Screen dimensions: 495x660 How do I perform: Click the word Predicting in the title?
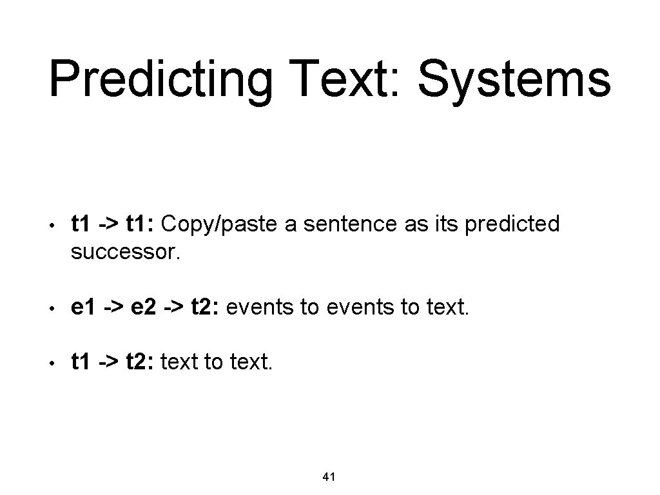(x=161, y=81)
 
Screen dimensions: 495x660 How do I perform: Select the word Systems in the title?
(x=514, y=81)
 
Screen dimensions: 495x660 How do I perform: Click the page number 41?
(x=329, y=477)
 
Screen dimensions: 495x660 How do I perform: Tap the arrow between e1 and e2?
(x=113, y=308)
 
